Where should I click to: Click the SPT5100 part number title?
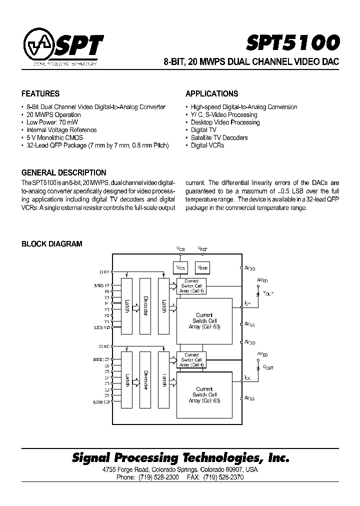tap(293, 43)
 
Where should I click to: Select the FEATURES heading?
tap(40, 93)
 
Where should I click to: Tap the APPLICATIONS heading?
tap(211, 93)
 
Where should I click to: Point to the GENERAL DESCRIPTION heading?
tap(63, 172)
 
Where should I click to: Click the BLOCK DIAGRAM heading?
tap(51, 244)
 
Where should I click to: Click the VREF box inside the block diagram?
tap(202, 268)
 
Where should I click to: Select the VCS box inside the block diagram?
tap(180, 268)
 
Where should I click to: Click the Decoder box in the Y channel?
tap(145, 306)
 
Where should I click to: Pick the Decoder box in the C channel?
tap(145, 380)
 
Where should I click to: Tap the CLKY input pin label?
tap(104, 272)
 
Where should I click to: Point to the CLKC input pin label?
tap(104, 346)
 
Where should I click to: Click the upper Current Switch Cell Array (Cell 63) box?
tap(204, 320)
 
